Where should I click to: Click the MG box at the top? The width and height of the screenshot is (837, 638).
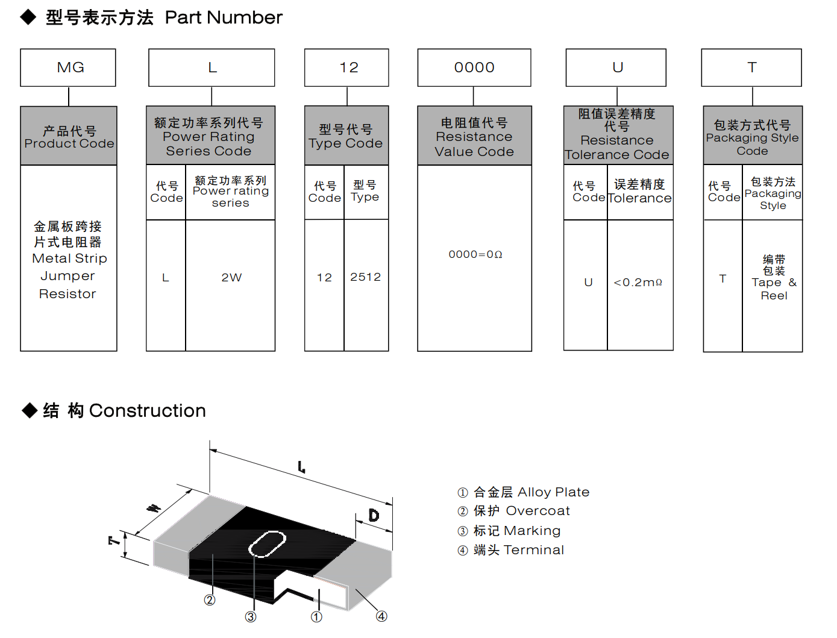click(68, 67)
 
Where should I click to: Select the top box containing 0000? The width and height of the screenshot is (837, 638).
click(474, 67)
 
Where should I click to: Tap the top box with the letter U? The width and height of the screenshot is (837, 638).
click(616, 67)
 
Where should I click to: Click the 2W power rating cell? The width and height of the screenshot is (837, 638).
click(231, 278)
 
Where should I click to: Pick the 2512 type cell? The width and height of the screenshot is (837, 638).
click(366, 277)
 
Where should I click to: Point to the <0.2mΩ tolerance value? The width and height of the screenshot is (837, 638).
click(638, 283)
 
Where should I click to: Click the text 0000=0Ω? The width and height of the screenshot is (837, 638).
click(475, 255)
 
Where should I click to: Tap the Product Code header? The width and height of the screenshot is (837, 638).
click(69, 137)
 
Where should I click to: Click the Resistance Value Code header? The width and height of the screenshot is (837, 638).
click(474, 137)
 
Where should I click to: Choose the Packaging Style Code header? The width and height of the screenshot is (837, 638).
click(753, 137)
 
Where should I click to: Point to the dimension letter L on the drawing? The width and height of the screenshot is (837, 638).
click(301, 467)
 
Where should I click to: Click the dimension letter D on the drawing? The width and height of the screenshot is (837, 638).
click(374, 516)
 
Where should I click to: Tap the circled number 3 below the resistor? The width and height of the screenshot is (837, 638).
click(251, 616)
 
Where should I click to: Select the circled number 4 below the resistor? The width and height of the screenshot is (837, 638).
click(381, 616)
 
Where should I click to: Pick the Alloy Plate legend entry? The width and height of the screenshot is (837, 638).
click(523, 492)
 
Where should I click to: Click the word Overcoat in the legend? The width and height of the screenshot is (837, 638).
click(538, 511)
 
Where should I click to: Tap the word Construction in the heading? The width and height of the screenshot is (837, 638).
click(147, 411)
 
